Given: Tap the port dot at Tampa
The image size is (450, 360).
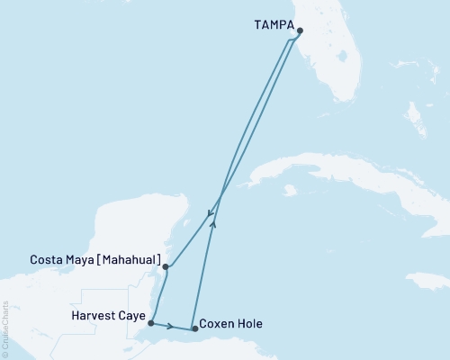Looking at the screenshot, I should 300,30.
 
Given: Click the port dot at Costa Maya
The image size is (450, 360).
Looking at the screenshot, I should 166,266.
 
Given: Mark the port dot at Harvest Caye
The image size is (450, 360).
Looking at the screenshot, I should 151,322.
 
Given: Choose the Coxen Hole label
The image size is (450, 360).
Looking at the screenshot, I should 230,323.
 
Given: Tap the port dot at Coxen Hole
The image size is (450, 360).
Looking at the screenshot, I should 195,328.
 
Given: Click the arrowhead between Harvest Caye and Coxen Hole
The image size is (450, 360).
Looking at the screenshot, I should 170,325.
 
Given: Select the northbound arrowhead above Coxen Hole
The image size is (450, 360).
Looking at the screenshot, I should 212,226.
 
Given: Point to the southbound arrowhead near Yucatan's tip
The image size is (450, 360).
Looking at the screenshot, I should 209,214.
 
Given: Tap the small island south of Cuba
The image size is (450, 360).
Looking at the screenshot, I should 289,191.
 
